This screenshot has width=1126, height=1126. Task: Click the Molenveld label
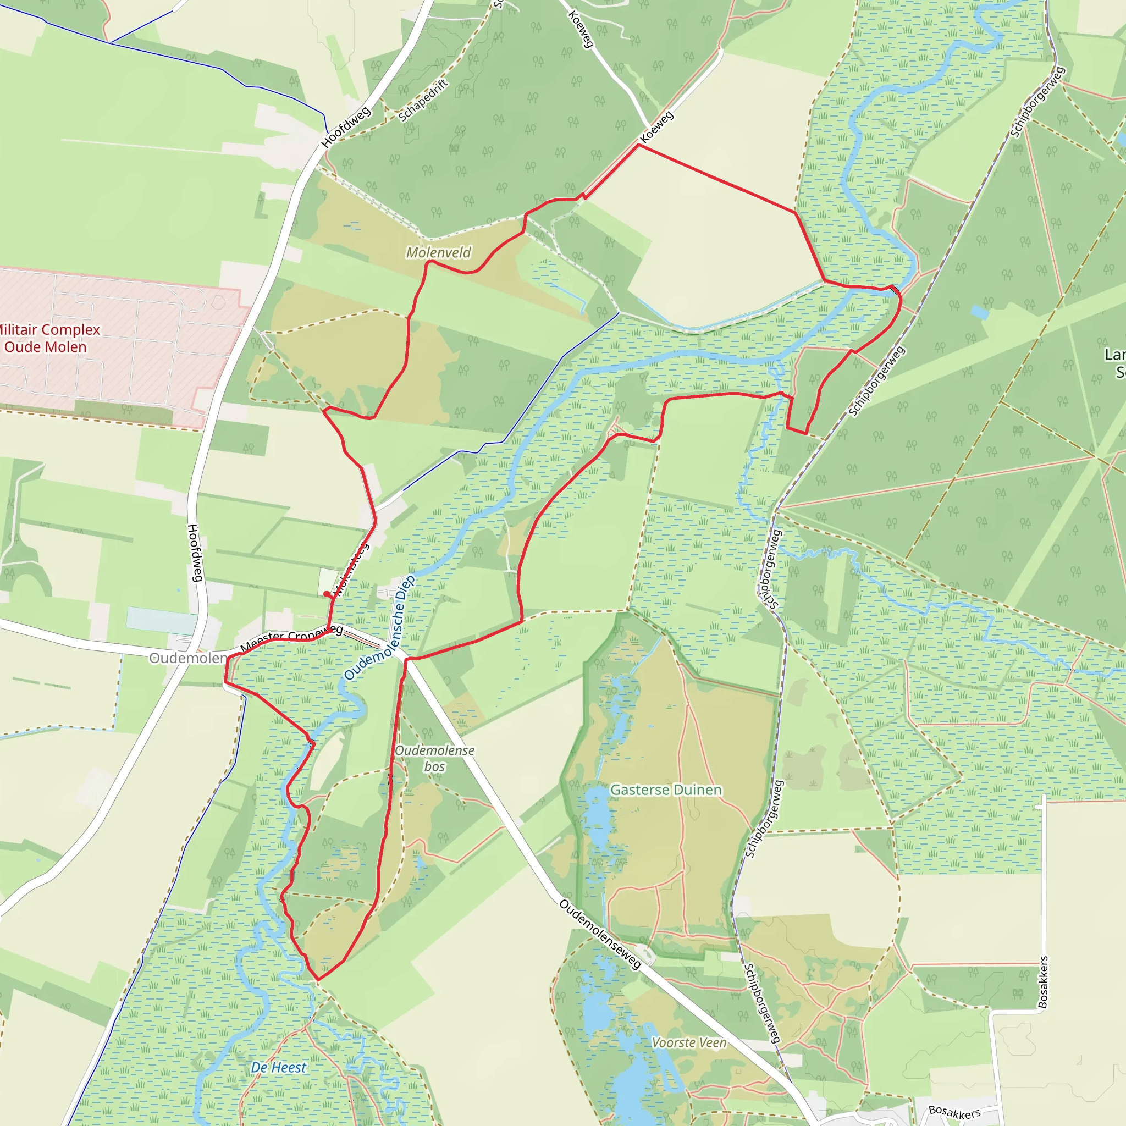438,252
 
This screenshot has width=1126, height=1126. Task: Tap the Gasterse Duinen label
666,790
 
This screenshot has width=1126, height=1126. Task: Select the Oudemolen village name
187,658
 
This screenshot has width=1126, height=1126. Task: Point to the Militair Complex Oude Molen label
47,338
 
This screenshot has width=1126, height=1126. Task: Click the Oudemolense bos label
434,758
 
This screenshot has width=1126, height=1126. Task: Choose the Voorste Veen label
689,1009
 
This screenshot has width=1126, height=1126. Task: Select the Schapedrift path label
423,100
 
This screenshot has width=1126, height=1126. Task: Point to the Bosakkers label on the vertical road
1042,982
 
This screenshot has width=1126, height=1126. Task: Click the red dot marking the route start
327,594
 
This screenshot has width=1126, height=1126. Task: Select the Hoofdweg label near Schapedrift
346,127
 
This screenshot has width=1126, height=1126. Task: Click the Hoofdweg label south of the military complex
195,553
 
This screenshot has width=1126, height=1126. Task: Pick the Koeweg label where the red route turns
656,127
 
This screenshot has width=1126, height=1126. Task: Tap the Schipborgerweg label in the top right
1038,102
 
